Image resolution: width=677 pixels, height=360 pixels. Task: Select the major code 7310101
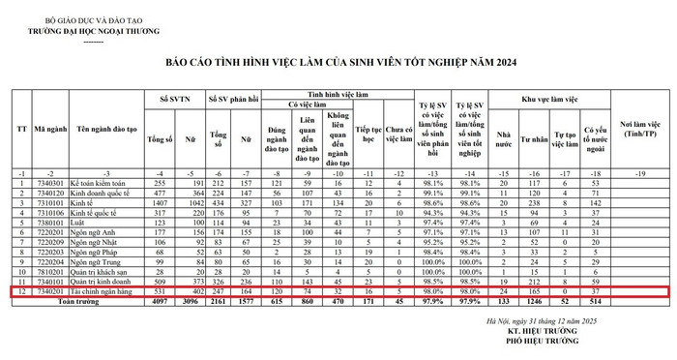[48, 204]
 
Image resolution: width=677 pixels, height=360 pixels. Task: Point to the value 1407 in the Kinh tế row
[159, 204]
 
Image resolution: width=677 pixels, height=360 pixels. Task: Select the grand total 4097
[159, 302]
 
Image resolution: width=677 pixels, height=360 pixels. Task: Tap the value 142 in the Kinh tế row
[595, 204]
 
